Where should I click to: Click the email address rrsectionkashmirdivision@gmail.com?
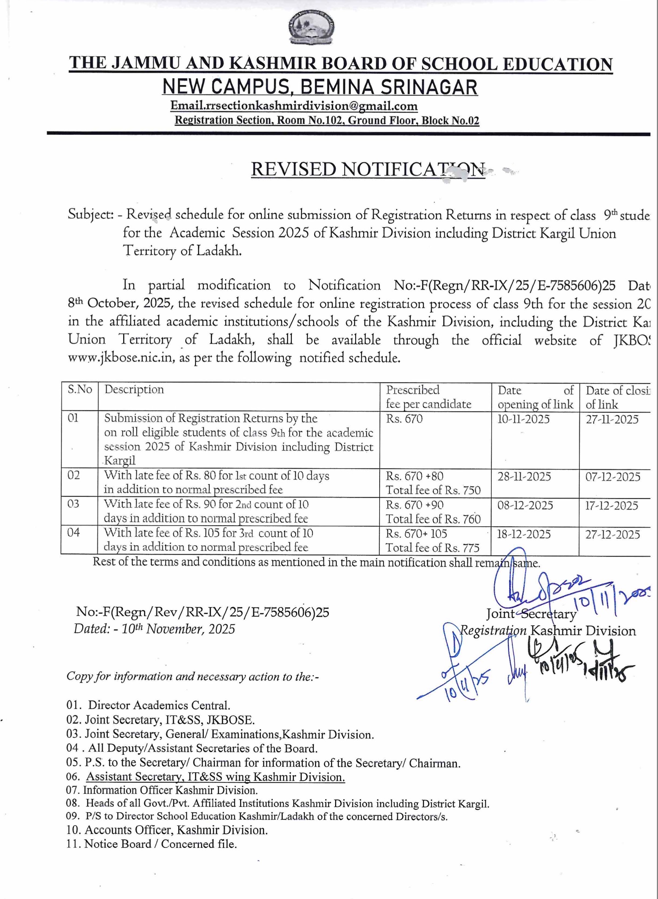pyautogui.click(x=294, y=106)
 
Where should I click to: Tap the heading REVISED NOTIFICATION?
pyautogui.click(x=368, y=170)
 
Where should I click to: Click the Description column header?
pyautogui.click(x=134, y=389)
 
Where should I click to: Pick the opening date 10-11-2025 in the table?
pyautogui.click(x=524, y=419)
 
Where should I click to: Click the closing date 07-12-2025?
pyautogui.click(x=613, y=477)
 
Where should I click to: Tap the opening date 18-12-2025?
pyautogui.click(x=524, y=534)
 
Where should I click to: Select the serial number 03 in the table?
pyautogui.click(x=73, y=504)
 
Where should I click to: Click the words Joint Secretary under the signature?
pyautogui.click(x=531, y=614)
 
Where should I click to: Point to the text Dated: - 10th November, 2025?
pyautogui.click(x=154, y=629)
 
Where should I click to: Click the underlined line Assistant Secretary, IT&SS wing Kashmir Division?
pyautogui.click(x=215, y=777)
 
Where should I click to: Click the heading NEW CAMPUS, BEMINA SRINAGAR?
pyautogui.click(x=320, y=87)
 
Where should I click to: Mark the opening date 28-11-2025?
pyautogui.click(x=524, y=477)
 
